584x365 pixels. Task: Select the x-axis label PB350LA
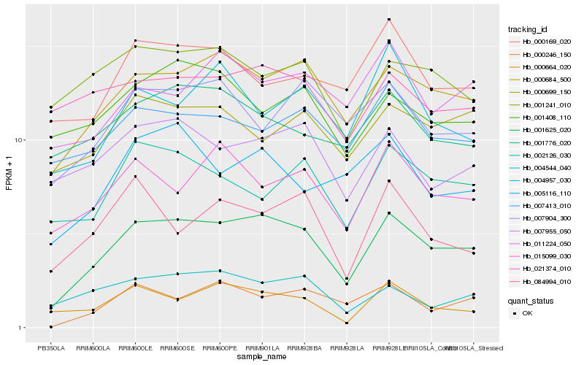[50, 347]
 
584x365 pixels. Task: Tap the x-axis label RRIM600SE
[177, 347]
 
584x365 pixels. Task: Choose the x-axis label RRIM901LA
[262, 347]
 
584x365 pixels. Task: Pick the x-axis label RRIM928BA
[304, 347]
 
